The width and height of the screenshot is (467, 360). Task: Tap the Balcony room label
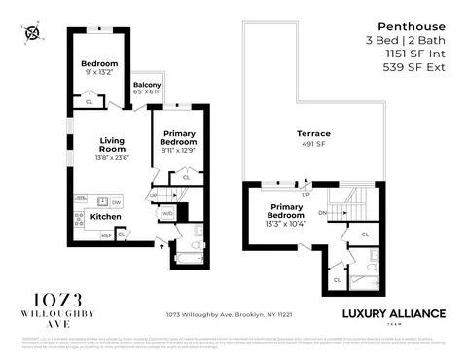148,85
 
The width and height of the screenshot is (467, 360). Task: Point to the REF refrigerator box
106,234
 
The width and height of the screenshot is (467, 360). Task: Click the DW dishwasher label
115,201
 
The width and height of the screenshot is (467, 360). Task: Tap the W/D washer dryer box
166,211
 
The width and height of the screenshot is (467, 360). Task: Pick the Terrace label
314,133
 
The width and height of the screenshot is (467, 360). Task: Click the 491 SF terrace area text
314,144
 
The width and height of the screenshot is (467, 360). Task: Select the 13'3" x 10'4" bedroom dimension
288,224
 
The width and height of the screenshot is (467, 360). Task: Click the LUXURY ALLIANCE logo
395,315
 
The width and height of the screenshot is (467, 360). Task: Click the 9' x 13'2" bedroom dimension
99,72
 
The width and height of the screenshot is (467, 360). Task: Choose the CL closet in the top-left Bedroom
89,100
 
